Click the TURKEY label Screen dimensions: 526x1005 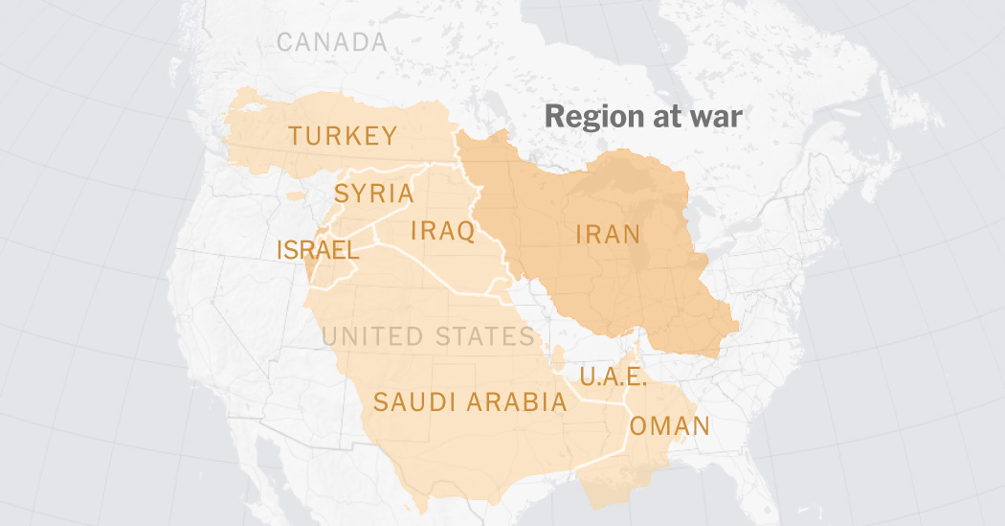(x=343, y=136)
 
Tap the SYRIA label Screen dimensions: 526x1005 (x=373, y=194)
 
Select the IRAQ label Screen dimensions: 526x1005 (x=442, y=231)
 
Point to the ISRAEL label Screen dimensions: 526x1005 (x=317, y=251)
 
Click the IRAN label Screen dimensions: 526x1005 (x=608, y=234)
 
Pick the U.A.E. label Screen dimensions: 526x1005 (x=613, y=377)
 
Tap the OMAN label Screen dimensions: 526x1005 (x=669, y=426)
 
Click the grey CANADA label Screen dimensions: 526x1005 (x=332, y=42)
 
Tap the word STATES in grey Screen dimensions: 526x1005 (x=483, y=336)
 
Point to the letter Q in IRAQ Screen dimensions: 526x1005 (x=465, y=232)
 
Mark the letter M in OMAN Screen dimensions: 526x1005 (x=659, y=426)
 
